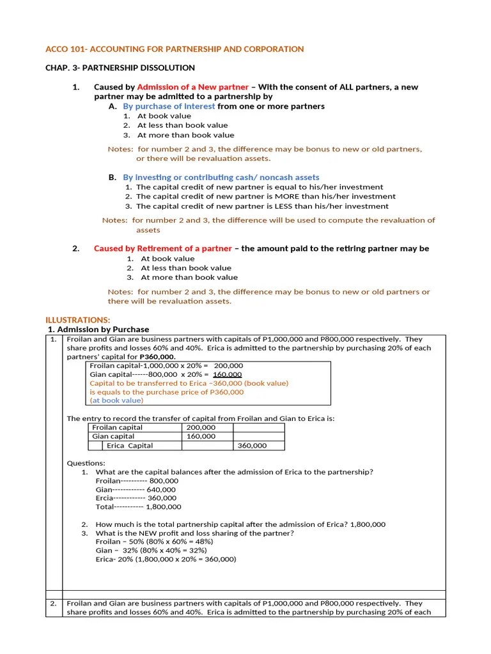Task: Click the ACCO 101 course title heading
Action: click(x=175, y=49)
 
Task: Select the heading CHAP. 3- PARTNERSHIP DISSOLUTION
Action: click(x=120, y=68)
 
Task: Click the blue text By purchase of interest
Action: click(x=169, y=106)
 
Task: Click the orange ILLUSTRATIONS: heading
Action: click(x=78, y=319)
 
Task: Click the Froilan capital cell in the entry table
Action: click(x=117, y=427)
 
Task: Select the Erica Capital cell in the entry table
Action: click(x=130, y=446)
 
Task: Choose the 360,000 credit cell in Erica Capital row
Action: click(x=252, y=446)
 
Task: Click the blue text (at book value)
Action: click(x=117, y=400)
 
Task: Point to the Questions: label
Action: click(x=86, y=463)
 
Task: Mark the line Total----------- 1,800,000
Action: click(x=138, y=506)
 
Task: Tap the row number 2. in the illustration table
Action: click(x=54, y=604)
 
